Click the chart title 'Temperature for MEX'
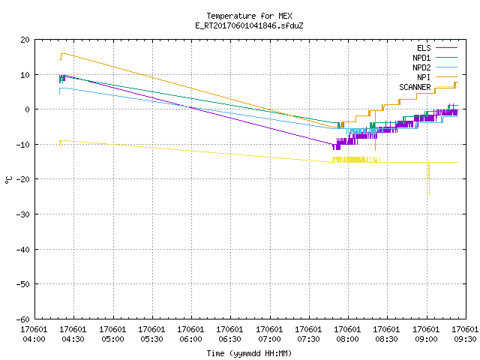249,16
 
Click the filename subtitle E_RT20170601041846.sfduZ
249,25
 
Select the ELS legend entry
437,48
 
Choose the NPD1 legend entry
435,58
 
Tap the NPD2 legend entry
435,67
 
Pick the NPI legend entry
437,77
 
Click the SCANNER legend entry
428,87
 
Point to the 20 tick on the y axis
25,40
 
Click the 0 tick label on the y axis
27,109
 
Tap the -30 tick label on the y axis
23,214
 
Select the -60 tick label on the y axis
23,319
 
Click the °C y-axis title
8,180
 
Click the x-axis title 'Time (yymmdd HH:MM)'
249,353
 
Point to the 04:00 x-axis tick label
34,334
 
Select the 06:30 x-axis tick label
229,334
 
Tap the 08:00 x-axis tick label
347,334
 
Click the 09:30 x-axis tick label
465,334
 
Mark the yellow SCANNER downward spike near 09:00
429,179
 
